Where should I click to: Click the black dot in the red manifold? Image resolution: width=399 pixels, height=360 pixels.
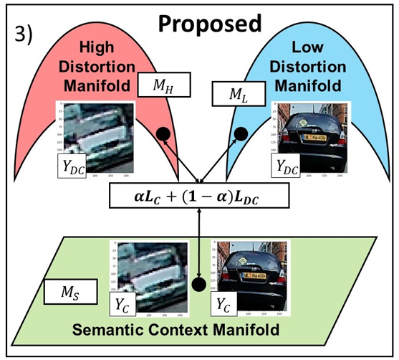click(x=163, y=133)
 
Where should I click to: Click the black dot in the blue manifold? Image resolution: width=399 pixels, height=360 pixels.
click(x=241, y=133)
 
